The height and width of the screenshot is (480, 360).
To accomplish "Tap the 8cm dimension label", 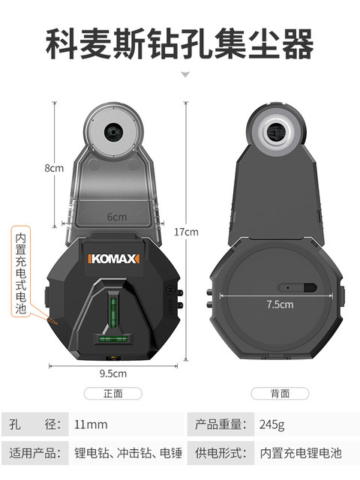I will coord(53,168).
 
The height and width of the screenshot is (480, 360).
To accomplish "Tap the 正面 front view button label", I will coord(112,393).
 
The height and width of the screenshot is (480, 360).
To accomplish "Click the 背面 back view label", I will coord(279,393).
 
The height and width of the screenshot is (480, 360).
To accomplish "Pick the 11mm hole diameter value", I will coord(91,424).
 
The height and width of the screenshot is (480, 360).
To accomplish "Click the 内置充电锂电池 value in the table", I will coord(300,453).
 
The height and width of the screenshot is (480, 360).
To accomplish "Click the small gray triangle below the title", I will coord(186,76).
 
